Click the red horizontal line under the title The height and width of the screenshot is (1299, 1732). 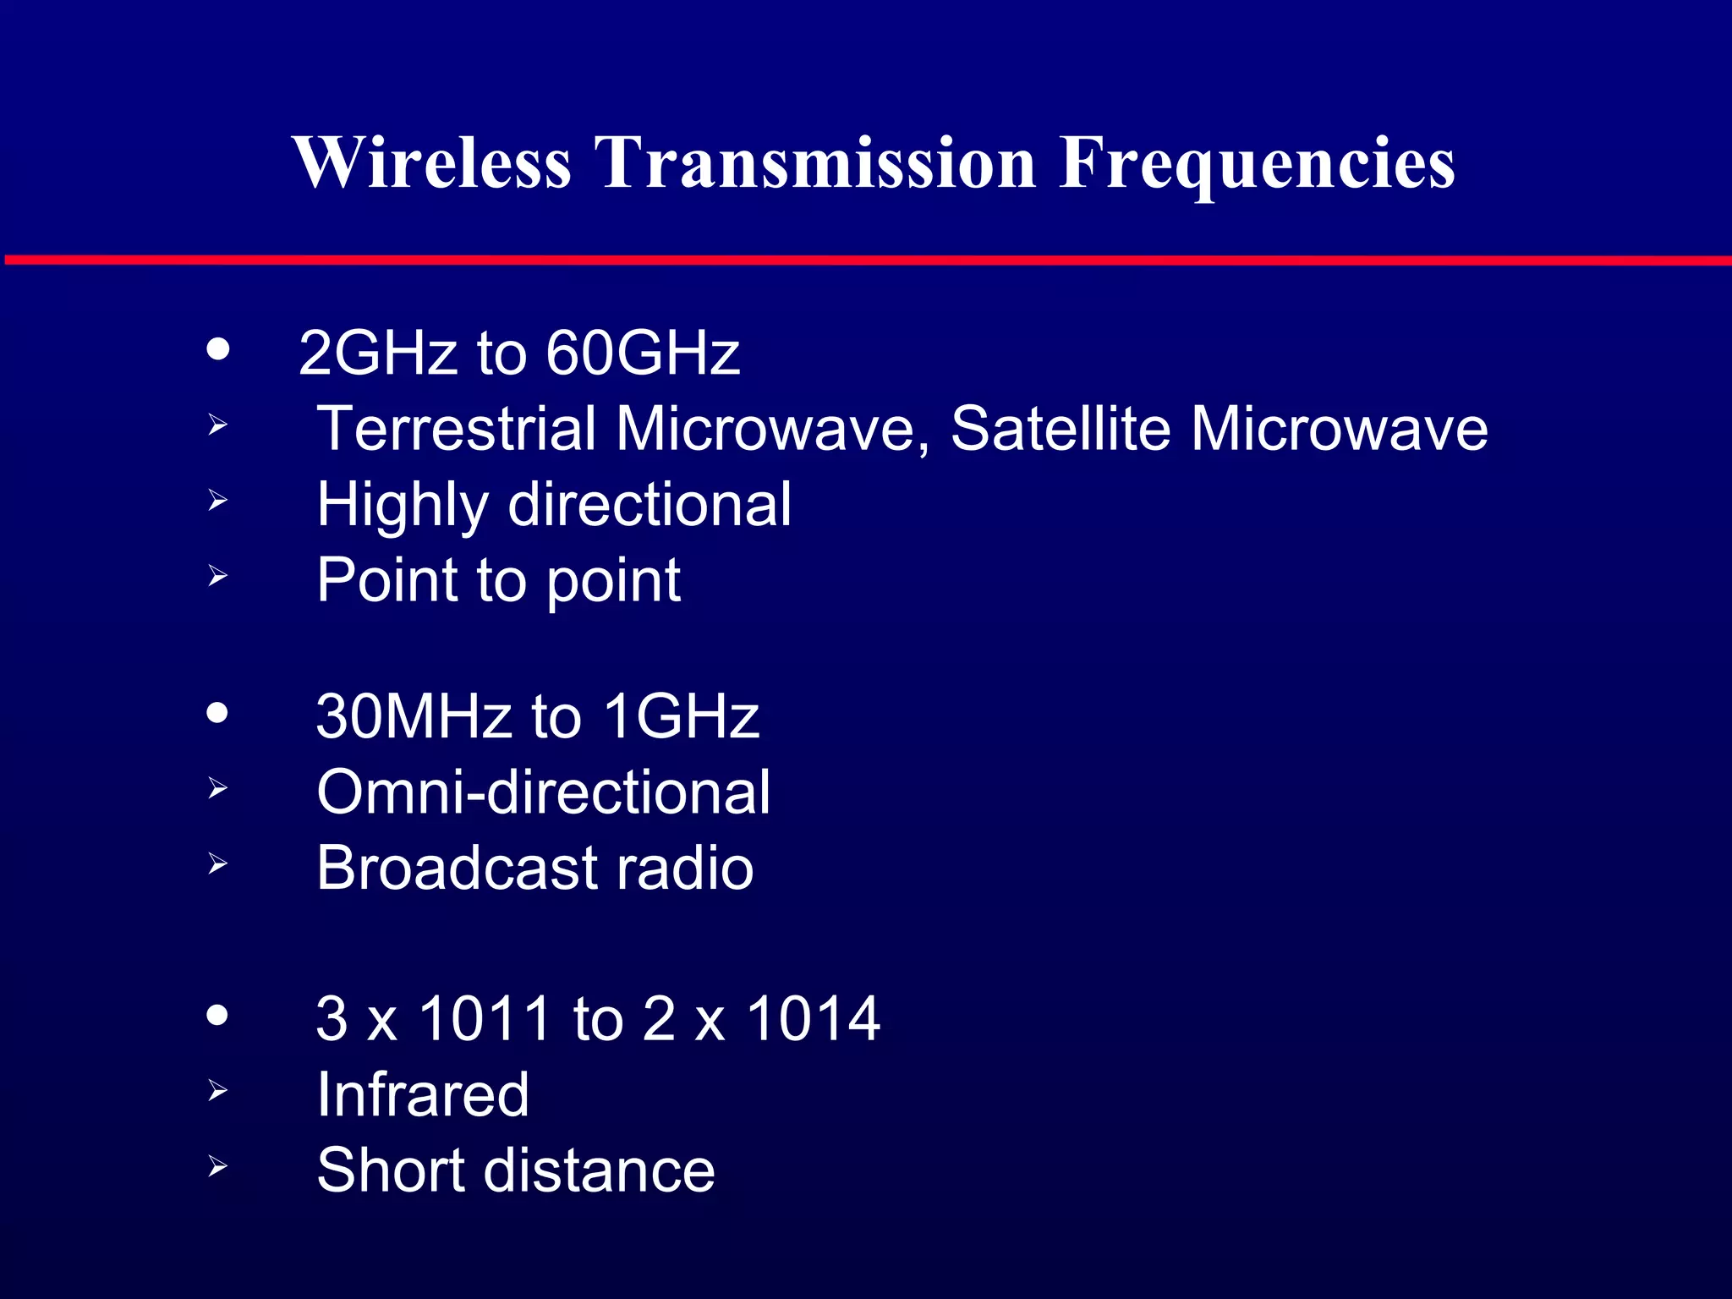tap(866, 260)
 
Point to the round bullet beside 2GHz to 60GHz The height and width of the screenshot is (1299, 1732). tap(218, 349)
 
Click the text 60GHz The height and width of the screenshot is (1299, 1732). tap(642, 353)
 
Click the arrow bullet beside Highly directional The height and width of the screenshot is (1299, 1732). tap(218, 501)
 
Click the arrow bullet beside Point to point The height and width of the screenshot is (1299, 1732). tap(218, 576)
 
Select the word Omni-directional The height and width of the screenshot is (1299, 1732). tap(543, 792)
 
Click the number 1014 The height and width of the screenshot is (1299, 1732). tap(813, 1018)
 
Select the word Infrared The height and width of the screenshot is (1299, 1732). tap(423, 1094)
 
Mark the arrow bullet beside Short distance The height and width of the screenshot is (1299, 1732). tap(218, 1167)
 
